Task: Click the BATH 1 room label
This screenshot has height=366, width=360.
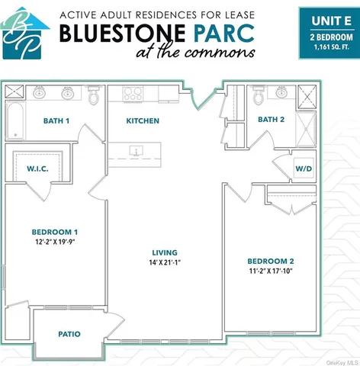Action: tap(56, 120)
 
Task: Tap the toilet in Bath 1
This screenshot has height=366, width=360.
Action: tap(94, 96)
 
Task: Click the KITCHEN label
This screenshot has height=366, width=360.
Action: tap(142, 120)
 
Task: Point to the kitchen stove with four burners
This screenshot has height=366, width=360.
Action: tap(133, 94)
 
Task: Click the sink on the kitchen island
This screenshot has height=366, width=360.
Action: tap(135, 151)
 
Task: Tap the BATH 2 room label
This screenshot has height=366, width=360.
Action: tap(270, 119)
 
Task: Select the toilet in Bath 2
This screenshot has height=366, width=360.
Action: tap(259, 96)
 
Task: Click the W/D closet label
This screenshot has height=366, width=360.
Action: tap(304, 167)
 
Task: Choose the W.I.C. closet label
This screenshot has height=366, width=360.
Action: tap(39, 169)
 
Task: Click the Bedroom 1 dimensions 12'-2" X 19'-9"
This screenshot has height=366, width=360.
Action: tap(55, 242)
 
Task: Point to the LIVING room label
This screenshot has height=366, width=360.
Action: tap(165, 252)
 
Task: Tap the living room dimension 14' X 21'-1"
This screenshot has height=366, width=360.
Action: tap(165, 263)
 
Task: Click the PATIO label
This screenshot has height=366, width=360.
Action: tap(69, 334)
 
